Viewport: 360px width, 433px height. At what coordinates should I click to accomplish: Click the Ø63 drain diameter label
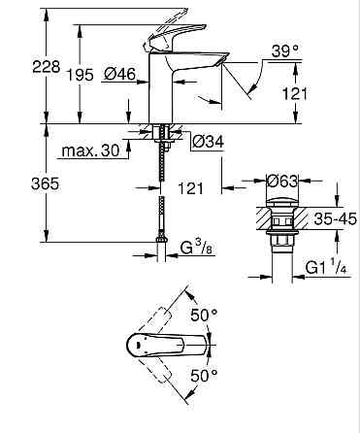pyautogui.click(x=280, y=181)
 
